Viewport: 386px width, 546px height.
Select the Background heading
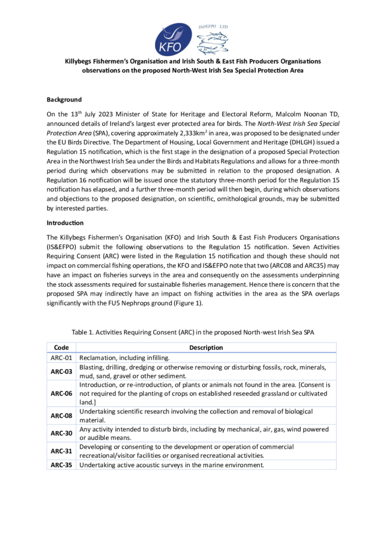pos(64,100)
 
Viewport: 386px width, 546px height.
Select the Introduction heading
pos(65,223)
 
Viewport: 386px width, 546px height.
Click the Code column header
pos(61,348)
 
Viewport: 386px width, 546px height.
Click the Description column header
pos(206,348)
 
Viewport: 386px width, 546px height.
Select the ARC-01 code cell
pos(61,358)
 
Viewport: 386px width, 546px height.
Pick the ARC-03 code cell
pos(61,372)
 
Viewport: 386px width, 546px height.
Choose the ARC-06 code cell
pos(61,394)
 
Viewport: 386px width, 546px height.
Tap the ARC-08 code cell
pos(61,416)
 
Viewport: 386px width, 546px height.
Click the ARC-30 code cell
pos(61,433)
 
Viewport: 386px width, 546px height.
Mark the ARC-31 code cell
pos(61,451)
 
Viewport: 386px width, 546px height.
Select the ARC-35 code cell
pos(61,465)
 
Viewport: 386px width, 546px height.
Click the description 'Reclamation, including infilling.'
pos(125,358)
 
